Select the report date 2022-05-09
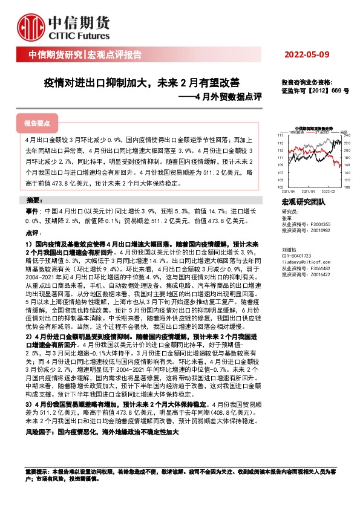[x=306, y=55]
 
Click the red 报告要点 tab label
[x=38, y=123]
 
